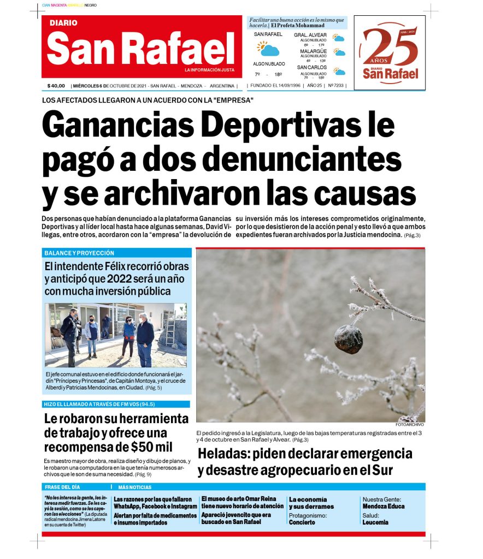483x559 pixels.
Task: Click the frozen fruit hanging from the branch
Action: (x=348, y=339)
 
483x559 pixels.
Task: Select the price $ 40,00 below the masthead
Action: (x=56, y=86)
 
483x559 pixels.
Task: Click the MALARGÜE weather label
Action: (x=313, y=51)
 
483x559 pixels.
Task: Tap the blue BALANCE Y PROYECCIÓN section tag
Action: (x=80, y=253)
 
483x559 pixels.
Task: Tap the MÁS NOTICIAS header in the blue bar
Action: (x=134, y=487)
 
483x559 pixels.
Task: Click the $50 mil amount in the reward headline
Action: (x=152, y=448)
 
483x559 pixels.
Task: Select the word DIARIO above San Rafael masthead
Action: (x=63, y=23)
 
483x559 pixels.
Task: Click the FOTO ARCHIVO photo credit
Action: (x=410, y=424)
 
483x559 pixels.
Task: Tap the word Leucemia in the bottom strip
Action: (x=375, y=522)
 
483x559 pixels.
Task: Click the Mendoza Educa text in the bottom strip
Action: (x=383, y=506)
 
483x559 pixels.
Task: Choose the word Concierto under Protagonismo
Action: (x=302, y=522)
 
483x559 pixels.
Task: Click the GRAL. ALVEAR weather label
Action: (x=310, y=35)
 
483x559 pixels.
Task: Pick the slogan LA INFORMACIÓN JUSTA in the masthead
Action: (x=209, y=70)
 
